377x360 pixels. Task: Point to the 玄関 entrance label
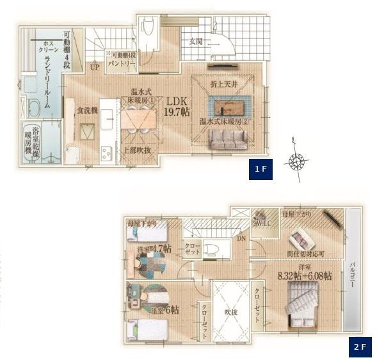[196, 42]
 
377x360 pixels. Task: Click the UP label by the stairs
[95, 67]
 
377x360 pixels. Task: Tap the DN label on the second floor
[241, 238]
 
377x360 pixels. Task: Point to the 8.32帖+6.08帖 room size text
[305, 276]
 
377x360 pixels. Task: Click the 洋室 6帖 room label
[165, 310]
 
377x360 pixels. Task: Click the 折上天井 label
[223, 85]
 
